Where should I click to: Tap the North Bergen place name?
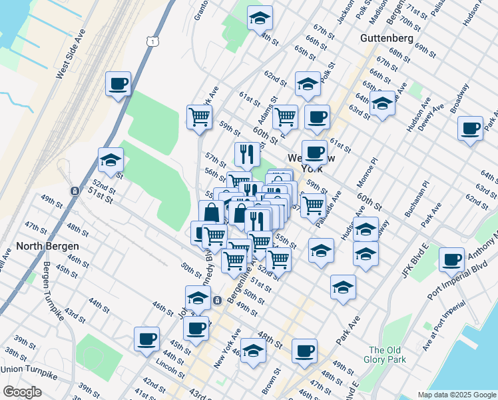click(46, 245)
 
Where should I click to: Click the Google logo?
click(22, 392)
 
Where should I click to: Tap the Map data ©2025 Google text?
click(456, 395)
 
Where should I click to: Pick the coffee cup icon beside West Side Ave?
click(118, 84)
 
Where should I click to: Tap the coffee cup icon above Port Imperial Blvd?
click(452, 259)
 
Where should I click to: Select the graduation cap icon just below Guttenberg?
click(382, 103)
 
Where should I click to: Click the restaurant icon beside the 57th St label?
click(246, 154)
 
